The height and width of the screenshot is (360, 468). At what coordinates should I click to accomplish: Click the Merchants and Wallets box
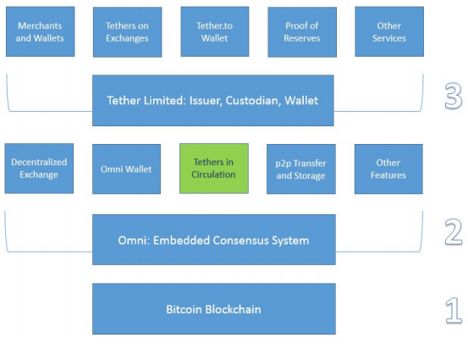pyautogui.click(x=41, y=31)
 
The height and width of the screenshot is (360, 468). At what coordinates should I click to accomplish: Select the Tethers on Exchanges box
pyautogui.click(x=128, y=32)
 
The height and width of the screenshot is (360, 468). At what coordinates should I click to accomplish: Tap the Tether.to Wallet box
pyautogui.click(x=215, y=31)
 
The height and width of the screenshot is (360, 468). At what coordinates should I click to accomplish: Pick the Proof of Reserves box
pyautogui.click(x=302, y=32)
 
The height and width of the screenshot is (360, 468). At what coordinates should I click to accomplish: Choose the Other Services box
pyautogui.click(x=389, y=31)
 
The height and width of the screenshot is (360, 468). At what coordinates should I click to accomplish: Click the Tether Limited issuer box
pyautogui.click(x=213, y=101)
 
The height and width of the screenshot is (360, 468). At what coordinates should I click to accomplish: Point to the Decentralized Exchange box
pyautogui.click(x=39, y=169)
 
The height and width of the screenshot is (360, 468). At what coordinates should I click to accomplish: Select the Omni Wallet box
pyautogui.click(x=127, y=169)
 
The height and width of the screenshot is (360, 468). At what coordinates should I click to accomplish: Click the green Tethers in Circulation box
pyautogui.click(x=214, y=169)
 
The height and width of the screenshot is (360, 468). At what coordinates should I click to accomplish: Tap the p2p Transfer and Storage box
pyautogui.click(x=301, y=169)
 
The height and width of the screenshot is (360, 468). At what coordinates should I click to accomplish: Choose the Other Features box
pyautogui.click(x=388, y=169)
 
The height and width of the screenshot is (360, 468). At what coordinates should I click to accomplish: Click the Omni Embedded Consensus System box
pyautogui.click(x=214, y=240)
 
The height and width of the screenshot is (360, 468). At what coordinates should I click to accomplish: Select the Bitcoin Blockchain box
pyautogui.click(x=214, y=308)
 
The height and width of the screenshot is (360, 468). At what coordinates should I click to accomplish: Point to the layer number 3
pyautogui.click(x=454, y=96)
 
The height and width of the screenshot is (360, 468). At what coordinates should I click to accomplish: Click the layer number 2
pyautogui.click(x=454, y=232)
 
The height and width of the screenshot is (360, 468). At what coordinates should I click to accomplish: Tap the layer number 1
pyautogui.click(x=454, y=310)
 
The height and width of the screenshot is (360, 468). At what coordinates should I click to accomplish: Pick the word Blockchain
pyautogui.click(x=233, y=309)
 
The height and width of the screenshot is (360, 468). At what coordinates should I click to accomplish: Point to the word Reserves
pyautogui.click(x=302, y=38)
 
